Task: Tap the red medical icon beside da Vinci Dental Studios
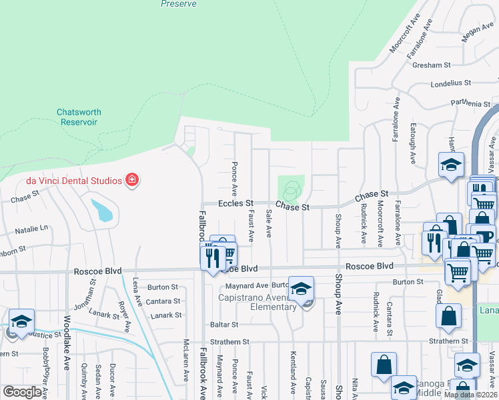tap(132, 180)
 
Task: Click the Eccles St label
tap(237, 203)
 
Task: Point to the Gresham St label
tap(432, 65)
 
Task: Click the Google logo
tap(22, 392)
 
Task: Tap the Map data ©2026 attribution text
tap(471, 395)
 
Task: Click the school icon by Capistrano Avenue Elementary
tap(302, 288)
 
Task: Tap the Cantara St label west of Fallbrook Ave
tap(164, 301)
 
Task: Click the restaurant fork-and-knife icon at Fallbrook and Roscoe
tap(212, 257)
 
